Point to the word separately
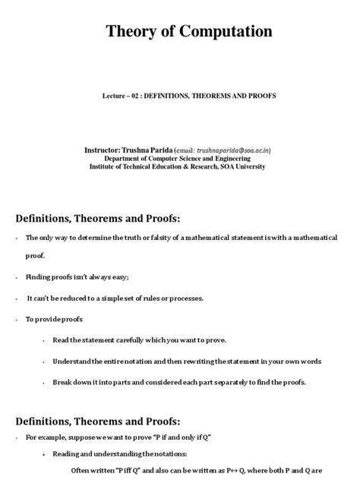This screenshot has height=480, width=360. (221, 382)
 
